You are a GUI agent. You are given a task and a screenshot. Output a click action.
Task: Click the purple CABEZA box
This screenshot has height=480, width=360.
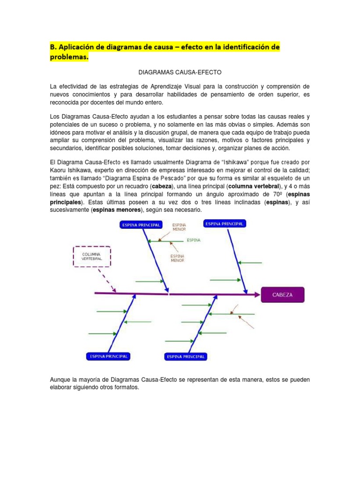283,295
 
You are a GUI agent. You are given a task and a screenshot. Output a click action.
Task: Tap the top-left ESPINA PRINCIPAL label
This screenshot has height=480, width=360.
141,225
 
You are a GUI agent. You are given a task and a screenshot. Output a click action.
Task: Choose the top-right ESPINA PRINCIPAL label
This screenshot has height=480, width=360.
224,224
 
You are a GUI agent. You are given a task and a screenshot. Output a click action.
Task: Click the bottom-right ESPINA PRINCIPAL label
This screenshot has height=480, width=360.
186,357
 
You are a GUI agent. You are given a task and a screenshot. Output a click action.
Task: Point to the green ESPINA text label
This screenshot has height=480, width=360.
194,240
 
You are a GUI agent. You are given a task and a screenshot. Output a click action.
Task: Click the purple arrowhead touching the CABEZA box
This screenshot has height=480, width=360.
256,295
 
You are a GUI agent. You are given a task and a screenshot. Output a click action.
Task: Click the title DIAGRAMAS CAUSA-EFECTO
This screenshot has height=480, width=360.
180,73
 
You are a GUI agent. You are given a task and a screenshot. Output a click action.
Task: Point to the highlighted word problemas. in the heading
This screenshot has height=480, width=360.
69,58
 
